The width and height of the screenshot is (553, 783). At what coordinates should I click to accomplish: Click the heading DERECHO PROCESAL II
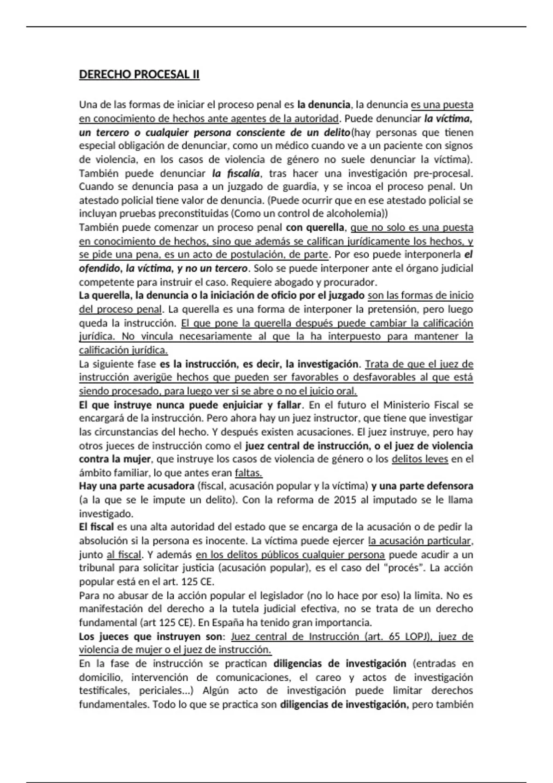click(139, 75)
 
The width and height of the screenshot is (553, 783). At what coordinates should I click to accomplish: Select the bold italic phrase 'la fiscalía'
click(236, 174)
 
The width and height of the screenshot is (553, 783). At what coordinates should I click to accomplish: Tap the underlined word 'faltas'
click(248, 473)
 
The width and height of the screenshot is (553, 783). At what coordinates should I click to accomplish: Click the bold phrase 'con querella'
click(315, 228)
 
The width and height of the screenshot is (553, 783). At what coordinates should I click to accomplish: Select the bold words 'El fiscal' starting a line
click(96, 527)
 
